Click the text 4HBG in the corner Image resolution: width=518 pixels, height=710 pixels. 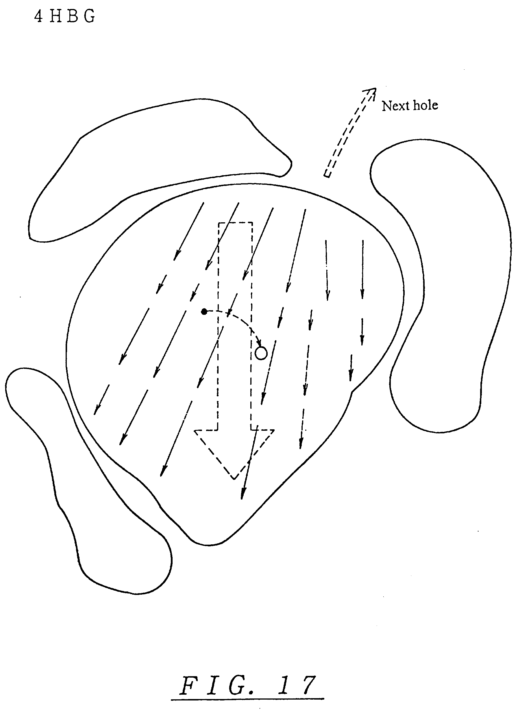[x=64, y=16]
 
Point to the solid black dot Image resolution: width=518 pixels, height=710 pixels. [x=204, y=311]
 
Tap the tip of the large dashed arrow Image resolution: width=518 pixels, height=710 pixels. [x=234, y=478]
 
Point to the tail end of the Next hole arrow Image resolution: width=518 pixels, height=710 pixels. [x=327, y=174]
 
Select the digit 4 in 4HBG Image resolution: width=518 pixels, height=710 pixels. [x=38, y=16]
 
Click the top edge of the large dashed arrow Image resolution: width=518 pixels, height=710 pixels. [x=235, y=223]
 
